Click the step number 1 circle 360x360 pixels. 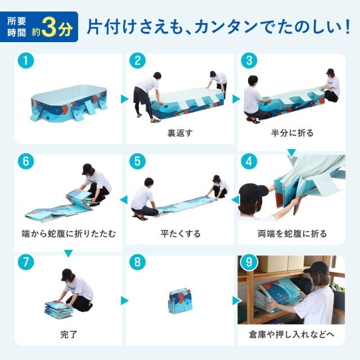(x=26, y=61)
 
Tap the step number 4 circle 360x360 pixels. (x=249, y=161)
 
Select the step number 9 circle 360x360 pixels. (x=249, y=262)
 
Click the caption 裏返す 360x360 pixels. (x=180, y=133)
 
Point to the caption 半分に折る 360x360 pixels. (x=292, y=133)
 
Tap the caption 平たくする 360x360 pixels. (x=181, y=234)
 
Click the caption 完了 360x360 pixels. (x=69, y=334)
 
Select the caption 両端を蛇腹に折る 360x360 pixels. (x=292, y=234)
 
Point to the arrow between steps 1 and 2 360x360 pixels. (x=124, y=99)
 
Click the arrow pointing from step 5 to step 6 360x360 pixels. (x=124, y=200)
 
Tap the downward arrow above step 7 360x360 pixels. (x=69, y=254)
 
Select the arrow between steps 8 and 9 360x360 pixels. (x=236, y=300)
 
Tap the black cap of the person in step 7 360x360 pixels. (x=67, y=274)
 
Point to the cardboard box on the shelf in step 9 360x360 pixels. (x=278, y=263)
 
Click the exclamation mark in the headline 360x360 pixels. (x=347, y=27)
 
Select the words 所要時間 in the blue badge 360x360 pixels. (x=16, y=27)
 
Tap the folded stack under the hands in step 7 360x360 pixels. (x=59, y=309)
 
